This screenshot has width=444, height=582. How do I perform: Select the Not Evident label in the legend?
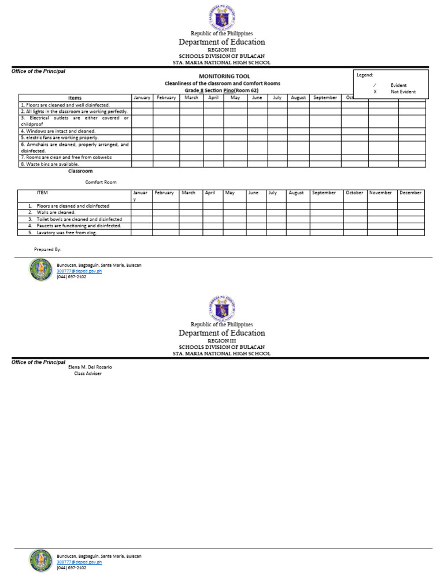point(403,91)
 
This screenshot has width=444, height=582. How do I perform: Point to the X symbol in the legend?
point(375,91)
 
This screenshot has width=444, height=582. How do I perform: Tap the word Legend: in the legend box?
point(365,75)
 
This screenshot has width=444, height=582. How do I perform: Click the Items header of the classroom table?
point(75,98)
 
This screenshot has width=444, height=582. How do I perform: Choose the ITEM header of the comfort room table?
point(42,193)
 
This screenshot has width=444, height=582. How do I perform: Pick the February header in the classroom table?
point(166,98)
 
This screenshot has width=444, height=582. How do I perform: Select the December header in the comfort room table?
point(410,193)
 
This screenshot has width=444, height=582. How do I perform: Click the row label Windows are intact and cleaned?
point(58,131)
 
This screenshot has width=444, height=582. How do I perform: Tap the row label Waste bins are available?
point(50,164)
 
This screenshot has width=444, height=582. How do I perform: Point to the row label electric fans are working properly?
point(60,138)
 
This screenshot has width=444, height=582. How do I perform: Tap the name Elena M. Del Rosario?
point(90,367)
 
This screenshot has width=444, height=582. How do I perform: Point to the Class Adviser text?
point(88,374)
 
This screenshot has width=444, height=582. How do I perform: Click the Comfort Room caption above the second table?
point(101,182)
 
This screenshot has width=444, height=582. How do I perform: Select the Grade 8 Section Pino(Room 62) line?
point(221,91)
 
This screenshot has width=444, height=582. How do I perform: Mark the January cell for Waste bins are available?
point(142,164)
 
